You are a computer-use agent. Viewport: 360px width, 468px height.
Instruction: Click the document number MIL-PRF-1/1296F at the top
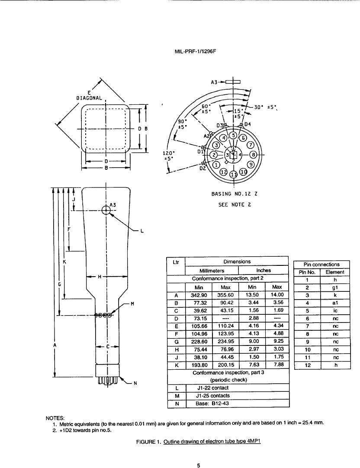(x=195, y=51)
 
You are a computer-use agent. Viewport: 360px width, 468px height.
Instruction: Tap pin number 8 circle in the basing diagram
(x=253, y=155)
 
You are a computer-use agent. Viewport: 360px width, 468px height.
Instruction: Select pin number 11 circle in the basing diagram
(x=234, y=174)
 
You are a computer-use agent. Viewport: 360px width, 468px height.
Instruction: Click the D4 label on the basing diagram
(x=247, y=124)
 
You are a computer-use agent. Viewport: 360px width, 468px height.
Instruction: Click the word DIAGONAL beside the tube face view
(x=89, y=98)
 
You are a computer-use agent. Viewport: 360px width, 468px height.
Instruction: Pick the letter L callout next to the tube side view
(x=142, y=231)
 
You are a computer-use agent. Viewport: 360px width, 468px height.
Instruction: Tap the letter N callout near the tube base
(x=135, y=384)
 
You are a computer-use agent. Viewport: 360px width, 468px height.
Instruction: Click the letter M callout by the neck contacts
(x=132, y=304)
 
